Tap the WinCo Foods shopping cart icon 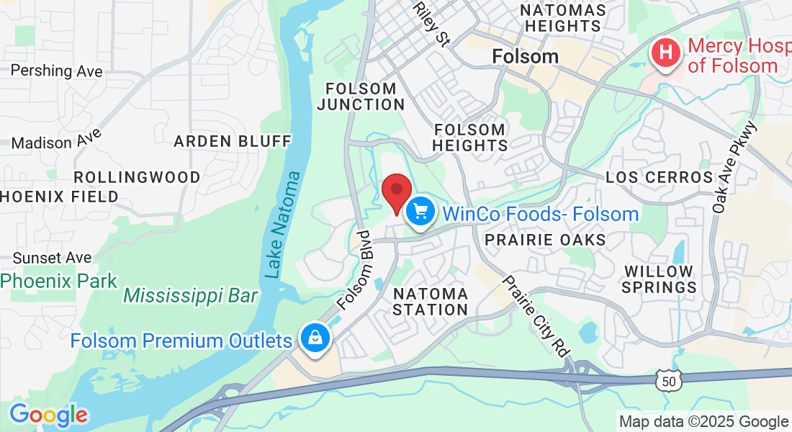420,212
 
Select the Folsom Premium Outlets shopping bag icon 315,338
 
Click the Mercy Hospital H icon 667,54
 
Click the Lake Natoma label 282,224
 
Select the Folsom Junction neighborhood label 361,96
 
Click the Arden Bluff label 233,141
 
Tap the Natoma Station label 431,302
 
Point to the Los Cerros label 659,177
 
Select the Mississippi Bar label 190,295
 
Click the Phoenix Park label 59,281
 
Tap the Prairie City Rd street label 537,315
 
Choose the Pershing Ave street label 57,71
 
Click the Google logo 48,415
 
